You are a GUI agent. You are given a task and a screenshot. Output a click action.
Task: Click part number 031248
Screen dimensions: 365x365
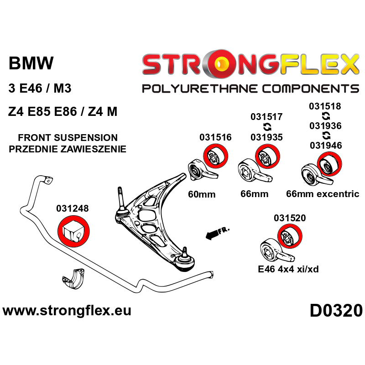click(73, 209)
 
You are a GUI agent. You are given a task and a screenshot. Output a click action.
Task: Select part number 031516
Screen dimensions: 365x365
click(215, 137)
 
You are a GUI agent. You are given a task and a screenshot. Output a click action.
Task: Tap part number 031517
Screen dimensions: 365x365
click(266, 117)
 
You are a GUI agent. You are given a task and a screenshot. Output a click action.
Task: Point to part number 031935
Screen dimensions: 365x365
click(266, 137)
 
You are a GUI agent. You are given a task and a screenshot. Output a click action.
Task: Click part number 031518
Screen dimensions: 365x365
click(325, 106)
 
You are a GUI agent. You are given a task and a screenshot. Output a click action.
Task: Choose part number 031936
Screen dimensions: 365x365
click(325, 126)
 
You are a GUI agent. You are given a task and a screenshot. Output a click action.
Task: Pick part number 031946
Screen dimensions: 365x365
click(325, 146)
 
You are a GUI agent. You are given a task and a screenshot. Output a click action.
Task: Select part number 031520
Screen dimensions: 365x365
click(290, 219)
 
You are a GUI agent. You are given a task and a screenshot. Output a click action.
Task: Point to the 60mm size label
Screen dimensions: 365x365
click(201, 194)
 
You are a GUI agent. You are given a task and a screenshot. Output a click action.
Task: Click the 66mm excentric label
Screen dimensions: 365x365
click(323, 194)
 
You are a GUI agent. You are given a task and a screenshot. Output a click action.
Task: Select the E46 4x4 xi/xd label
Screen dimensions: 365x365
click(288, 269)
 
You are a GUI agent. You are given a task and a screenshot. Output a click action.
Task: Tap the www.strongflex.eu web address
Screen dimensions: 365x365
click(67, 311)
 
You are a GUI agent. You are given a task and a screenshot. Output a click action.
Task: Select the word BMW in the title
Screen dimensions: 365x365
click(31, 63)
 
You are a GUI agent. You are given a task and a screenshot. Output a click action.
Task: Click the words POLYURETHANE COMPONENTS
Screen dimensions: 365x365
click(250, 88)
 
